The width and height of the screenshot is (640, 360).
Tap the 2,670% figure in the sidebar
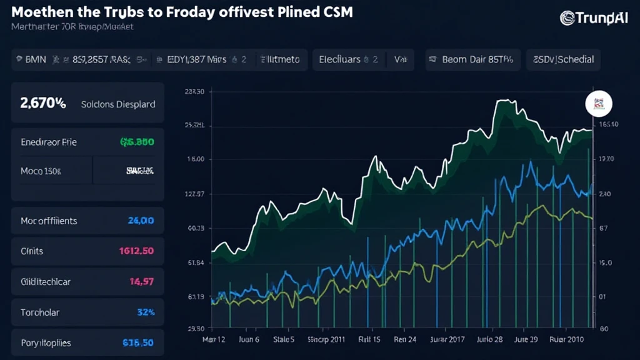[43, 104]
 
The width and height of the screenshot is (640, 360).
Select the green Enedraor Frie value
[137, 142]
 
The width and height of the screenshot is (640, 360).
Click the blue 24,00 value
[141, 220]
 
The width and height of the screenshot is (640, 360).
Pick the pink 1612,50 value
[137, 251]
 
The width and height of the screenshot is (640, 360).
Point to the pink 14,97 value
[142, 282]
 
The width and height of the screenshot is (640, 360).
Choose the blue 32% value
[145, 312]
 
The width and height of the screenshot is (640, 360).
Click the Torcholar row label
[40, 312]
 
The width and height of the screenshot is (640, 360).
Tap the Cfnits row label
[32, 251]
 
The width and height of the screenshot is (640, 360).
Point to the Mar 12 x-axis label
[214, 340]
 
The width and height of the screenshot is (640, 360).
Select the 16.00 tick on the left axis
[196, 159]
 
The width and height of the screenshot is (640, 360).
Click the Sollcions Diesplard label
[118, 104]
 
